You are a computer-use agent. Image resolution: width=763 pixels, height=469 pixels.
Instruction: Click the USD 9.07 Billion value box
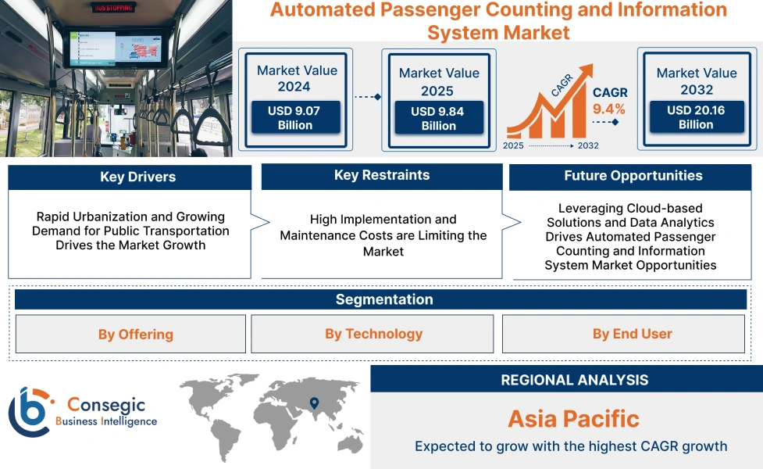click(x=295, y=118)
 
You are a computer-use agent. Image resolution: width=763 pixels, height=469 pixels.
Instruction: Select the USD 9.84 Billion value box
click(x=438, y=119)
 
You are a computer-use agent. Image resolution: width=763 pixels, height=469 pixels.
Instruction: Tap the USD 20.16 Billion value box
click(x=696, y=117)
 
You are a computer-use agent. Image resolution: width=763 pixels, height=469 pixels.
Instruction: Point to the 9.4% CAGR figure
click(x=609, y=109)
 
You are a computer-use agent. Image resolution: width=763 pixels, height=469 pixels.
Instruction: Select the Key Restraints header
click(x=382, y=176)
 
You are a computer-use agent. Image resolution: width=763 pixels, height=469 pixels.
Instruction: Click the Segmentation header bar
click(x=383, y=299)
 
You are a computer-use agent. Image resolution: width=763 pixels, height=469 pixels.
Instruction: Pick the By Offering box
click(x=130, y=335)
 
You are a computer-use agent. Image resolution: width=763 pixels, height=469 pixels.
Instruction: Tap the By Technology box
click(x=373, y=335)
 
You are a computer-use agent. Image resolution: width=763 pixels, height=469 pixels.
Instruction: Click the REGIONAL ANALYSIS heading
click(x=574, y=380)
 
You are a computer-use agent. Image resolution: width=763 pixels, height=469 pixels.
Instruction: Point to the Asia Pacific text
click(x=574, y=418)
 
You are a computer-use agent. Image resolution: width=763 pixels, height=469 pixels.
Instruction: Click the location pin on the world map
click(x=314, y=403)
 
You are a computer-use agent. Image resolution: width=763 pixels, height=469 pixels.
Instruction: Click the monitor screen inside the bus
click(x=116, y=48)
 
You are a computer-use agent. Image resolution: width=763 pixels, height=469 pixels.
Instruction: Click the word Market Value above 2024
click(x=297, y=70)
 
